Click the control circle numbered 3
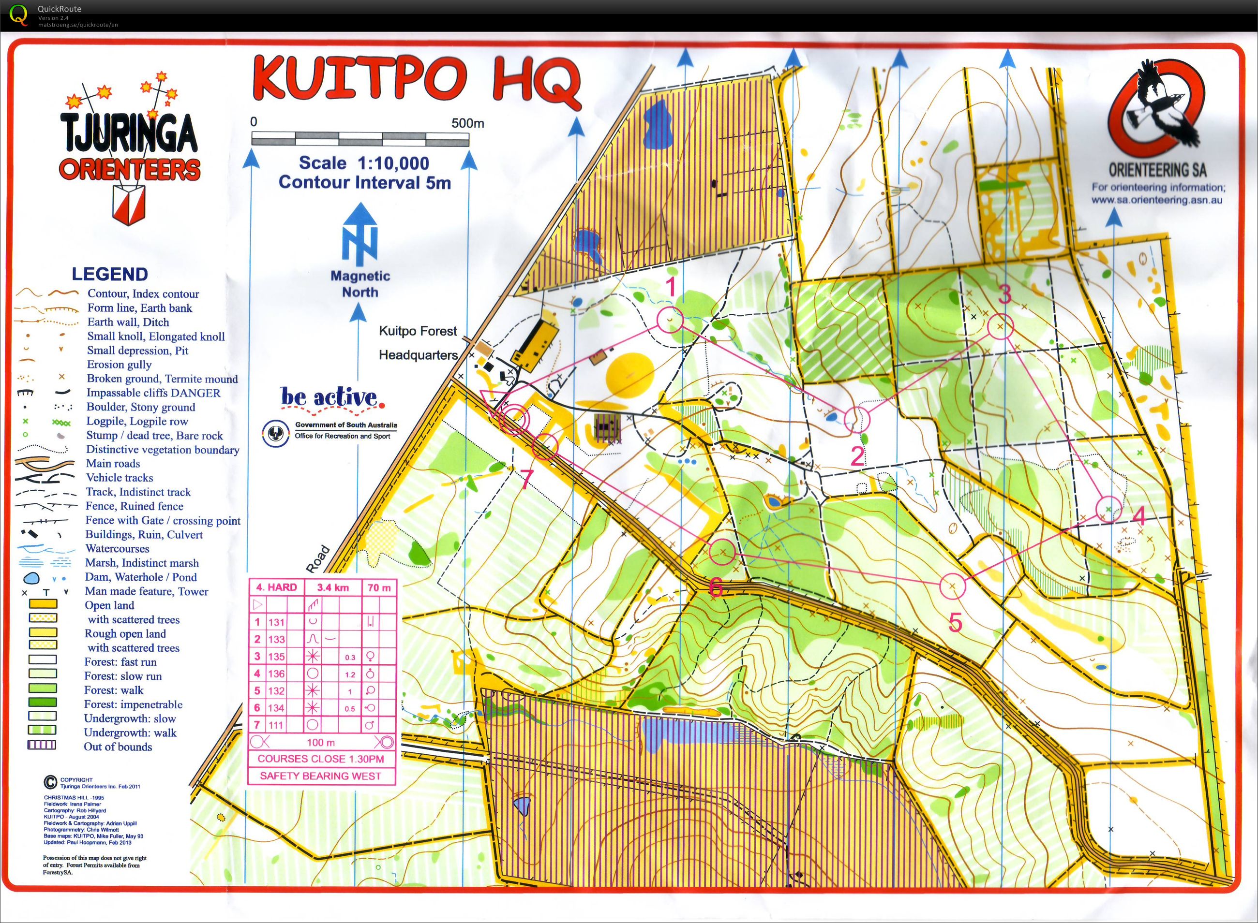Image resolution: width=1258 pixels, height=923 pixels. point(1000,327)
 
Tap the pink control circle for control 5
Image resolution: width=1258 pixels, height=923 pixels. point(952,586)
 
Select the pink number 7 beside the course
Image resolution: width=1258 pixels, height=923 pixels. point(526,479)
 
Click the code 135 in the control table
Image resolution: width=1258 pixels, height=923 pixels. point(276,657)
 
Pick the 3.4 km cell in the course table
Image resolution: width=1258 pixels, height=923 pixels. point(333,587)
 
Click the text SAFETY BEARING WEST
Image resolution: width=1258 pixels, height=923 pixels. point(320,776)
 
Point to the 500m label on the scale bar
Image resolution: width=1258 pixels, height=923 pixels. point(467,123)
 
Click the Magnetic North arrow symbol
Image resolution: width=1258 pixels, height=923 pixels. point(359,234)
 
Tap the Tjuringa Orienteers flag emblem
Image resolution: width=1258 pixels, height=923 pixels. point(129,204)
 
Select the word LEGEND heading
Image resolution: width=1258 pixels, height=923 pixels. point(109,274)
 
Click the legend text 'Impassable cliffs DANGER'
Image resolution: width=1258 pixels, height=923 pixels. point(153,393)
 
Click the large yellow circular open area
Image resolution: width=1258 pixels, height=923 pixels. point(629,374)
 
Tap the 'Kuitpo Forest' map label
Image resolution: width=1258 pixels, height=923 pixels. point(418,331)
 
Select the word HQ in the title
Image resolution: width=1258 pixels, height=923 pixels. point(536,81)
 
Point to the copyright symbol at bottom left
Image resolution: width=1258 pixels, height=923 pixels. point(50,782)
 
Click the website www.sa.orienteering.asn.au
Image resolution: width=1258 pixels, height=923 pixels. point(1156,201)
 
